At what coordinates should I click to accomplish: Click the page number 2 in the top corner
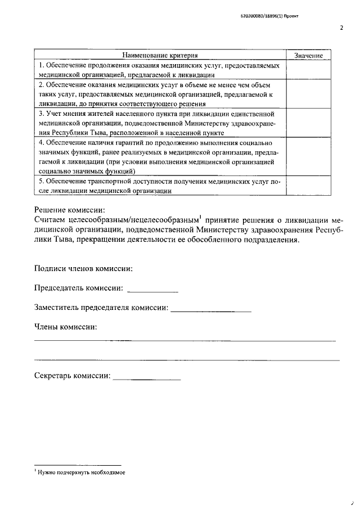pos(341,26)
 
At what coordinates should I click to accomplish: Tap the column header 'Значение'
pos(308,56)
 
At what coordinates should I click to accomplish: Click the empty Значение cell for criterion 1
pos(308,70)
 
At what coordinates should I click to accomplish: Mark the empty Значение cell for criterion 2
pos(308,94)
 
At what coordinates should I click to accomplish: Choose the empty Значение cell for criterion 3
pos(308,123)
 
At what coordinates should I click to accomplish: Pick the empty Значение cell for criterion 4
pos(308,156)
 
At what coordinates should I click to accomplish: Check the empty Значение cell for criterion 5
pos(308,186)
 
